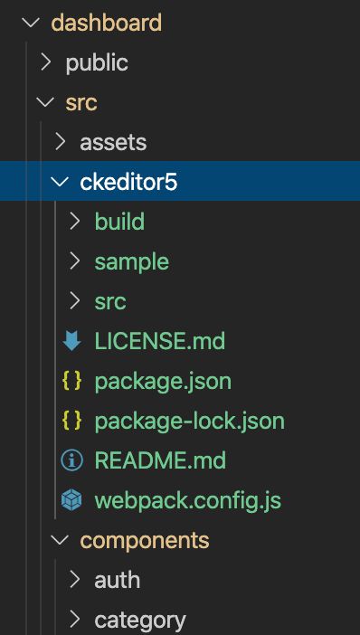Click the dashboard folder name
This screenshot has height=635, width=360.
(x=106, y=23)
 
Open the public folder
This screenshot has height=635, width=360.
(x=97, y=62)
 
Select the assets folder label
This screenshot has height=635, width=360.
(x=113, y=142)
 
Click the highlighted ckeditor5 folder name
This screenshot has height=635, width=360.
(x=128, y=182)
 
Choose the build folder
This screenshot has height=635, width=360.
(x=119, y=222)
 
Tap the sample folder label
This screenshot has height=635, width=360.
(x=131, y=261)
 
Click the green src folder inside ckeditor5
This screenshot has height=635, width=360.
(x=110, y=301)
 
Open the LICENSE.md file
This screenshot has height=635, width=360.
(x=159, y=341)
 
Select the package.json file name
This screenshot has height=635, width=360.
(x=163, y=381)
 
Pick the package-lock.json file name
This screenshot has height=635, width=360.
(x=189, y=421)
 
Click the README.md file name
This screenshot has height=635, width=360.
(x=160, y=460)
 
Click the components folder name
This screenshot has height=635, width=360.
(x=145, y=540)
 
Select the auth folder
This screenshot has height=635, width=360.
(x=117, y=580)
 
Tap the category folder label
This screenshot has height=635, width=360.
(x=140, y=620)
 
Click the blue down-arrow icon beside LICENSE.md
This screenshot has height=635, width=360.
(x=71, y=341)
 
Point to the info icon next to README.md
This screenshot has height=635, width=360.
(x=71, y=460)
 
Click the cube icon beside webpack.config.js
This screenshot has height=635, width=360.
(x=71, y=500)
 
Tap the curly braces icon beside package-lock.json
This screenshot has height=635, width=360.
(x=71, y=421)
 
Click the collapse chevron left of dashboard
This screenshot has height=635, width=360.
(x=36, y=23)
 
